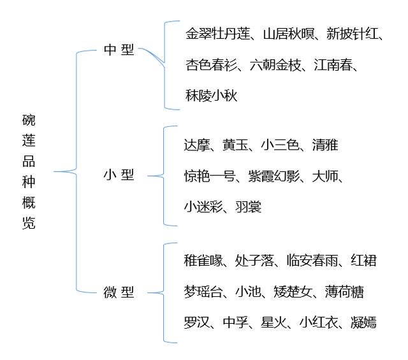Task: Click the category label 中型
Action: point(119,50)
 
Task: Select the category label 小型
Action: point(119,175)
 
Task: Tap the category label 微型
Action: point(119,292)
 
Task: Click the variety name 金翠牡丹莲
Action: point(218,34)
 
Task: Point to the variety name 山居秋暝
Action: point(288,34)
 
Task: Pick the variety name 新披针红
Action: point(353,34)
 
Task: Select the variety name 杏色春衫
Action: point(211,65)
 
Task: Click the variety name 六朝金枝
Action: point(275,65)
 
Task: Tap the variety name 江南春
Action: point(333,65)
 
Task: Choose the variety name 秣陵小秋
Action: point(211,96)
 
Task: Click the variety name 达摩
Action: point(197,145)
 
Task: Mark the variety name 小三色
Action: point(280,145)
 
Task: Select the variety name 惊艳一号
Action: point(210,176)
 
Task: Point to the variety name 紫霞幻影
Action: point(273,176)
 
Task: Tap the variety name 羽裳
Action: point(248,207)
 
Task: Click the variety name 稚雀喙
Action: point(203,261)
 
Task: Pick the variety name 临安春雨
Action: point(312,261)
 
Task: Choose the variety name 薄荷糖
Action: point(344,292)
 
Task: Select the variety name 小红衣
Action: point(319,322)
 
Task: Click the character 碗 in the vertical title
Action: point(29,120)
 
